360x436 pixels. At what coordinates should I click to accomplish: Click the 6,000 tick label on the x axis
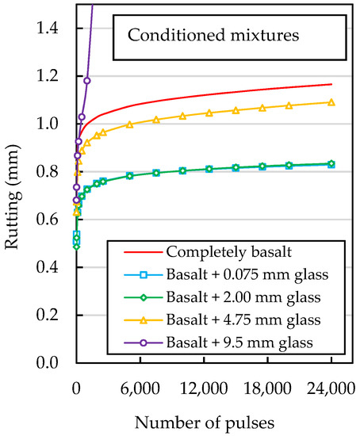tap(140, 387)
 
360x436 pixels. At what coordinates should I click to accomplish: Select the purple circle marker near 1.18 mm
tap(87, 81)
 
